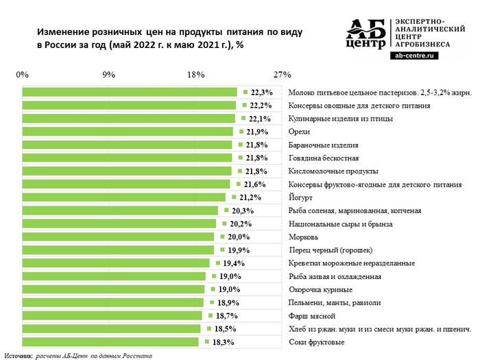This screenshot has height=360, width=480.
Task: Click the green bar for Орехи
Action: click(x=128, y=132)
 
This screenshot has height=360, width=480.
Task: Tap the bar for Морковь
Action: click(x=119, y=237)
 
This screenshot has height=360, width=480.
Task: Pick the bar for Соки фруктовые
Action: click(x=110, y=341)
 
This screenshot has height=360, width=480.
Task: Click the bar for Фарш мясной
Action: click(x=112, y=315)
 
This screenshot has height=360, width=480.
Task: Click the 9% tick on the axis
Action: click(x=108, y=74)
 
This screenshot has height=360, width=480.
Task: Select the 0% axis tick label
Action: click(x=22, y=74)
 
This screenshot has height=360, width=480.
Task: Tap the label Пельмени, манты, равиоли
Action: click(x=335, y=302)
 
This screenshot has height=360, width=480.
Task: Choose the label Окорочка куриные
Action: click(x=319, y=289)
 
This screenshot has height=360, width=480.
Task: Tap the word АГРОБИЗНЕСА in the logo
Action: click(x=422, y=43)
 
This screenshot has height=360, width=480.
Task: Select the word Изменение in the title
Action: click(x=62, y=32)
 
